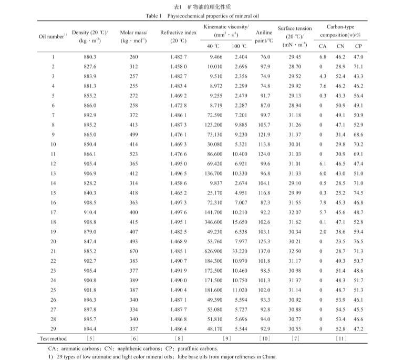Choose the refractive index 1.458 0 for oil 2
[x=172, y=66]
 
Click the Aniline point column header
[x=264, y=36]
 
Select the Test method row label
[x=53, y=337]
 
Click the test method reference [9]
[x=226, y=337]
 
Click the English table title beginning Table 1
[x=201, y=16]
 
